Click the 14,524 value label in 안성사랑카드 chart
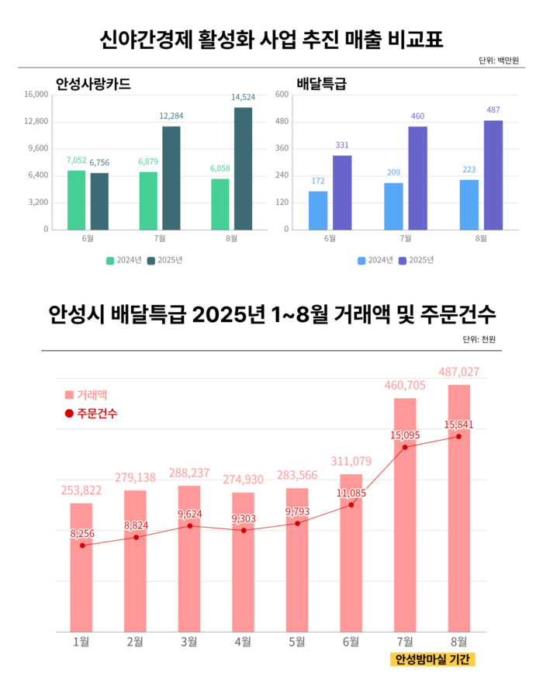click(243, 97)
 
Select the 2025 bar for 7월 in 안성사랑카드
click(171, 178)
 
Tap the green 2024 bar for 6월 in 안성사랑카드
click(76, 199)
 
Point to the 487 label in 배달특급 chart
click(493, 109)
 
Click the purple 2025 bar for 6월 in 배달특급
click(342, 192)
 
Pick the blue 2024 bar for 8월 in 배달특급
click(469, 204)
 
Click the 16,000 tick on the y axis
click(36, 95)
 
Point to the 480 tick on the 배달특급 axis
click(282, 122)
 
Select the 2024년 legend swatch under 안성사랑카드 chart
click(110, 260)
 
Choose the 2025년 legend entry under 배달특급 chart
click(415, 260)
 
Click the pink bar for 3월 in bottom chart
click(189, 558)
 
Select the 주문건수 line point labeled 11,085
click(351, 504)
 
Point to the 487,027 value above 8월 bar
click(458, 372)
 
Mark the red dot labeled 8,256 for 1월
click(81, 546)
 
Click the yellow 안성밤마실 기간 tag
click(431, 660)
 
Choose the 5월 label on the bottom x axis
click(297, 641)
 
